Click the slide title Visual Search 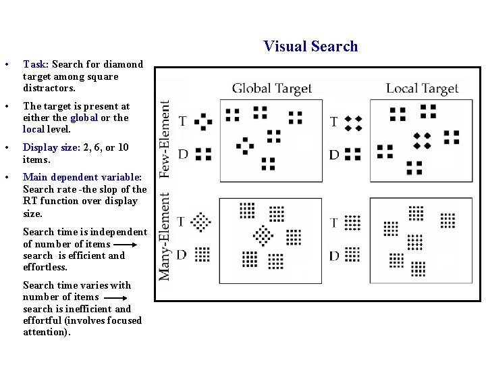pyautogui.click(x=310, y=46)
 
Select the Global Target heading pyautogui.click(x=272, y=89)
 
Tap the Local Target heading pyautogui.click(x=422, y=89)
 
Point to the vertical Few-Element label pyautogui.click(x=165, y=139)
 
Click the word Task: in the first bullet pyautogui.click(x=35, y=64)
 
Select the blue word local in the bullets pyautogui.click(x=33, y=129)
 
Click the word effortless pyautogui.click(x=45, y=267)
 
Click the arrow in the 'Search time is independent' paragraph pyautogui.click(x=130, y=244)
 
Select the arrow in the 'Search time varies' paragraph pyautogui.click(x=116, y=297)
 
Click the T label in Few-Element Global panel pyautogui.click(x=182, y=121)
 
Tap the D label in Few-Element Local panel pyautogui.click(x=333, y=155)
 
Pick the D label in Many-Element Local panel pyautogui.click(x=334, y=255)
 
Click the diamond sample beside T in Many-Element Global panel pyautogui.click(x=200, y=222)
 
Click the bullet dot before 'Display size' pyautogui.click(x=5, y=148)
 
